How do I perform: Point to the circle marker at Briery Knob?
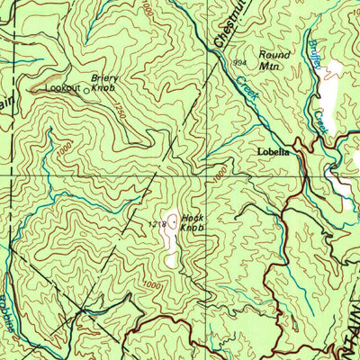[x=87, y=90]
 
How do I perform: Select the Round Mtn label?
[x=274, y=59]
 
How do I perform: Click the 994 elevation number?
[x=238, y=63]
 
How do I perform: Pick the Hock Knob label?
[x=192, y=222]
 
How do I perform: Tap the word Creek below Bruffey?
[x=321, y=120]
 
